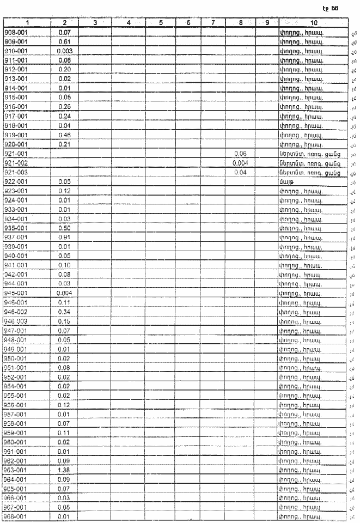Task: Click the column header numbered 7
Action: (214, 22)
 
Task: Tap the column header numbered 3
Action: (95, 22)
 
